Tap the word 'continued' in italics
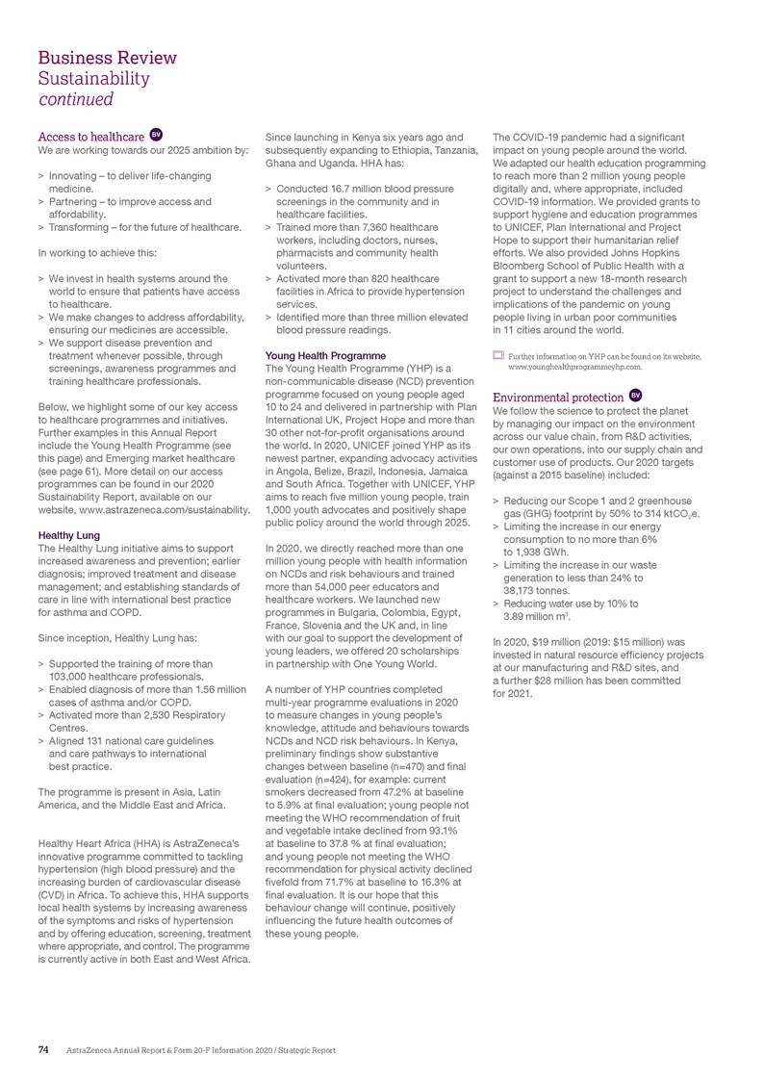pyautogui.click(x=76, y=99)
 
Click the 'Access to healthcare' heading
pyautogui.click(x=90, y=137)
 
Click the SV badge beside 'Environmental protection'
pyautogui.click(x=635, y=395)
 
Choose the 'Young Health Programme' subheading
pyautogui.click(x=325, y=355)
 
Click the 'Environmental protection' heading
pyautogui.click(x=557, y=397)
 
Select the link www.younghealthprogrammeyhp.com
pyautogui.click(x=575, y=367)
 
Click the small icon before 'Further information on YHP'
pyautogui.click(x=497, y=356)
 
